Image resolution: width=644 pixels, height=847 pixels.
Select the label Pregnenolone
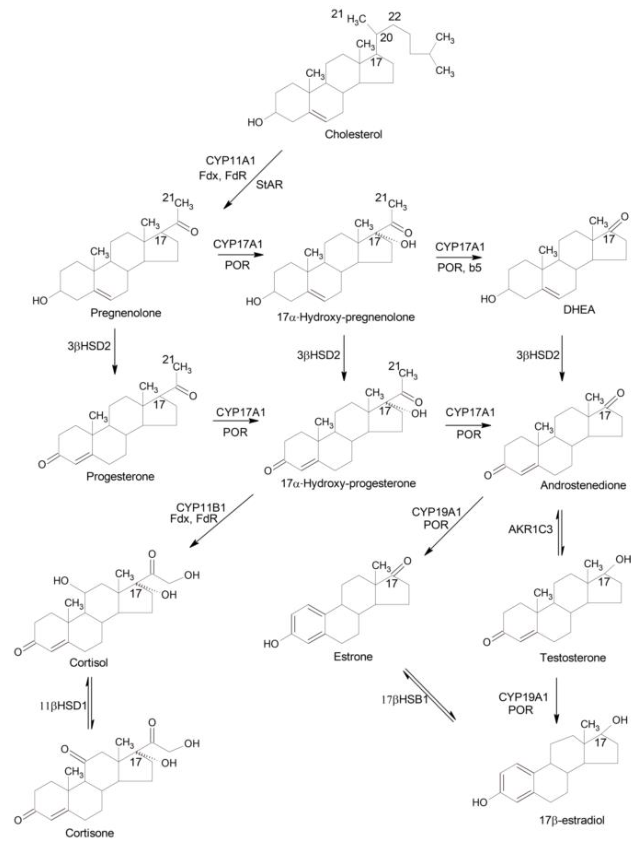(x=126, y=313)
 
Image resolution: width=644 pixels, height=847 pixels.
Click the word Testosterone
(x=573, y=658)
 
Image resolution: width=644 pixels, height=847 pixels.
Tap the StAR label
(x=269, y=185)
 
